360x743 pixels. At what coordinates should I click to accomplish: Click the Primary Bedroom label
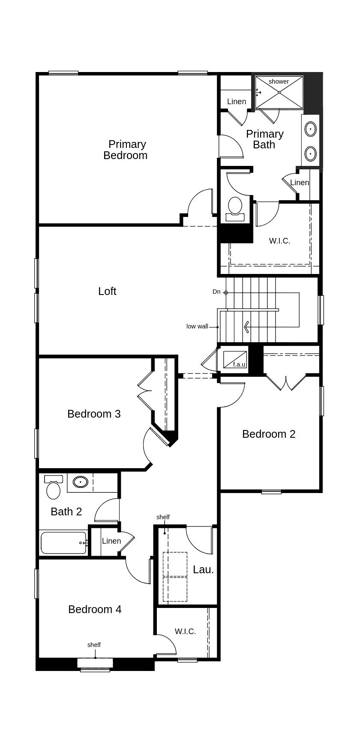pyautogui.click(x=126, y=150)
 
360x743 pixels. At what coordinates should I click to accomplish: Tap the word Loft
pyautogui.click(x=107, y=291)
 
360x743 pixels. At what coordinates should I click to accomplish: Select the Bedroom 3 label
pyautogui.click(x=94, y=414)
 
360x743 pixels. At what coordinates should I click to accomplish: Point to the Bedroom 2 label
pyautogui.click(x=269, y=434)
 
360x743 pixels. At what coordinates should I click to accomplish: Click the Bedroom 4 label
pyautogui.click(x=95, y=609)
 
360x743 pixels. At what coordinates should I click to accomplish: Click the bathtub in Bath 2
pyautogui.click(x=63, y=543)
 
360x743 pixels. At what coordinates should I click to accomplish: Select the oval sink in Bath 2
pyautogui.click(x=80, y=482)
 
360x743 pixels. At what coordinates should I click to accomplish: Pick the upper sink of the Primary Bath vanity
pyautogui.click(x=310, y=129)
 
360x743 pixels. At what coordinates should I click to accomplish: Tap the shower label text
pyautogui.click(x=279, y=81)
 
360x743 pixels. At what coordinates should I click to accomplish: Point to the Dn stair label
pyautogui.click(x=216, y=292)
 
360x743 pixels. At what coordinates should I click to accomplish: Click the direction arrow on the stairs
pyautogui.click(x=247, y=327)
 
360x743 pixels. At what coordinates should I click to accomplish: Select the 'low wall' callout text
pyautogui.click(x=197, y=326)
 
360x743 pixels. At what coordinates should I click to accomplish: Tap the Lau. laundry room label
pyautogui.click(x=203, y=569)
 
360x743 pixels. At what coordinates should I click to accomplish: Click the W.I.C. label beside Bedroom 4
pyautogui.click(x=185, y=632)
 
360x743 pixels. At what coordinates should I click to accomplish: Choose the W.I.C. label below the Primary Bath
pyautogui.click(x=279, y=241)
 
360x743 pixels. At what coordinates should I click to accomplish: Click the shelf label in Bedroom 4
pyautogui.click(x=94, y=645)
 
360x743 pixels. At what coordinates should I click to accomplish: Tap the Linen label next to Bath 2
pyautogui.click(x=111, y=541)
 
